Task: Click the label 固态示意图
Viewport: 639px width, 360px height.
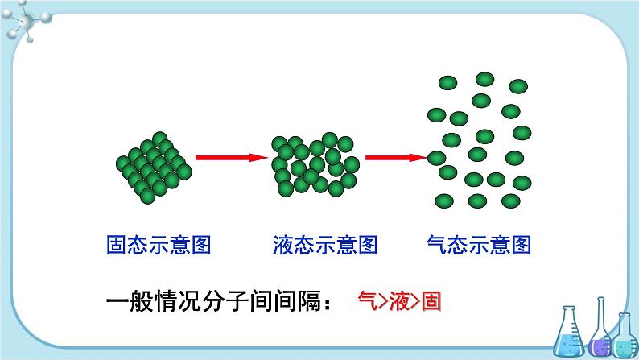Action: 159,244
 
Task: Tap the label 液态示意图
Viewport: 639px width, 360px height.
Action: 325,244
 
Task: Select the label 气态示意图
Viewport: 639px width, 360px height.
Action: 478,244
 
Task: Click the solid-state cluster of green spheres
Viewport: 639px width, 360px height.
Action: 154,164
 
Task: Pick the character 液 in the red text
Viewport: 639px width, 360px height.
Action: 400,304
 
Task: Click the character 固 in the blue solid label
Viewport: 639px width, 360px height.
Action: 117,244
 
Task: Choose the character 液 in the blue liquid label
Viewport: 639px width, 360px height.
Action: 283,244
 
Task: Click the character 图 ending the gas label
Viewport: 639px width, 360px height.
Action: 520,244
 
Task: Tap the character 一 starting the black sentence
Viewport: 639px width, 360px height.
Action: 117,304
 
